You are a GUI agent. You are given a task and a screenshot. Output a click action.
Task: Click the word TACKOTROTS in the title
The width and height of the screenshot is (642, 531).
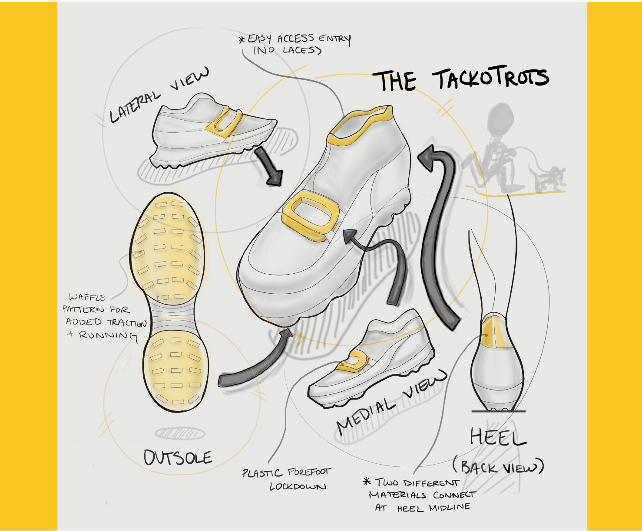point(491,78)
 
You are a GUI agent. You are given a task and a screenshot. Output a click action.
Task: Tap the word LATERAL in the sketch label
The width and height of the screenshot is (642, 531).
point(135,107)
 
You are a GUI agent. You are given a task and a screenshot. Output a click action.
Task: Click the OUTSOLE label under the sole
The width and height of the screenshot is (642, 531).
point(178,457)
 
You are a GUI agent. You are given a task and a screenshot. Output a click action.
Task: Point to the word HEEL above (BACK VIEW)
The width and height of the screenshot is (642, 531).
point(498,437)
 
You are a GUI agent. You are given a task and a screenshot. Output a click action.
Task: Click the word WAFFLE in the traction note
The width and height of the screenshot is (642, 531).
point(87,297)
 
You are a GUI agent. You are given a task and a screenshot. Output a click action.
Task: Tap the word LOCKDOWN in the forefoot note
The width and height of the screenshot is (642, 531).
point(298,486)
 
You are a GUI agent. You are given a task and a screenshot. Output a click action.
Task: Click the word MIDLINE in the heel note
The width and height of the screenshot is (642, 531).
point(449,507)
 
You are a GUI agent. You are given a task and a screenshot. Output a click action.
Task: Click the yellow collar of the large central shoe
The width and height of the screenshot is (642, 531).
point(361,126)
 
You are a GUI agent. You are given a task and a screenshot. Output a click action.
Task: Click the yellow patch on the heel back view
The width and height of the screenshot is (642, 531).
point(493,332)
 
